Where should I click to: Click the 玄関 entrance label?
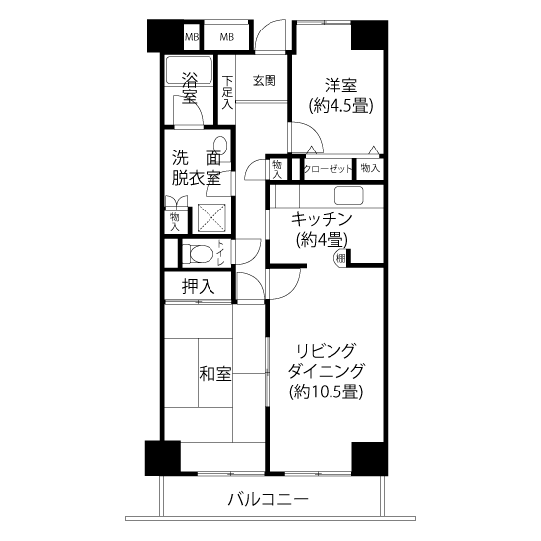point(265,81)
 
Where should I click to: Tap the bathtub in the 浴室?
point(189,70)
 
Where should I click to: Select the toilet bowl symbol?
point(198,253)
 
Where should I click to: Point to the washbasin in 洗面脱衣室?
point(219,146)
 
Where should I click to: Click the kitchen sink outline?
point(349,196)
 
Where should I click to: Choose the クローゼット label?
point(328,169)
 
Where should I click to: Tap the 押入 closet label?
point(198,286)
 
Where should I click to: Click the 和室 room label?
point(215,374)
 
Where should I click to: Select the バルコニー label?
point(268,499)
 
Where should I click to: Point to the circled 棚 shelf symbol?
point(340,258)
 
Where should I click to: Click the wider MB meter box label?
point(227,37)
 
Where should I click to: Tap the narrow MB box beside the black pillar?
point(192,37)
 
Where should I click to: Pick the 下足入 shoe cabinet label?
point(227,92)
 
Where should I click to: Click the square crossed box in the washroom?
point(211,218)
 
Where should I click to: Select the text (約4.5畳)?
point(340,105)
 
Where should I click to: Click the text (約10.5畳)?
point(326,391)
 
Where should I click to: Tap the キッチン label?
point(322,219)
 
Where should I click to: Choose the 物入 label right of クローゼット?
point(370,168)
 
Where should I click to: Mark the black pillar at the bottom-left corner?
point(162,457)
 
